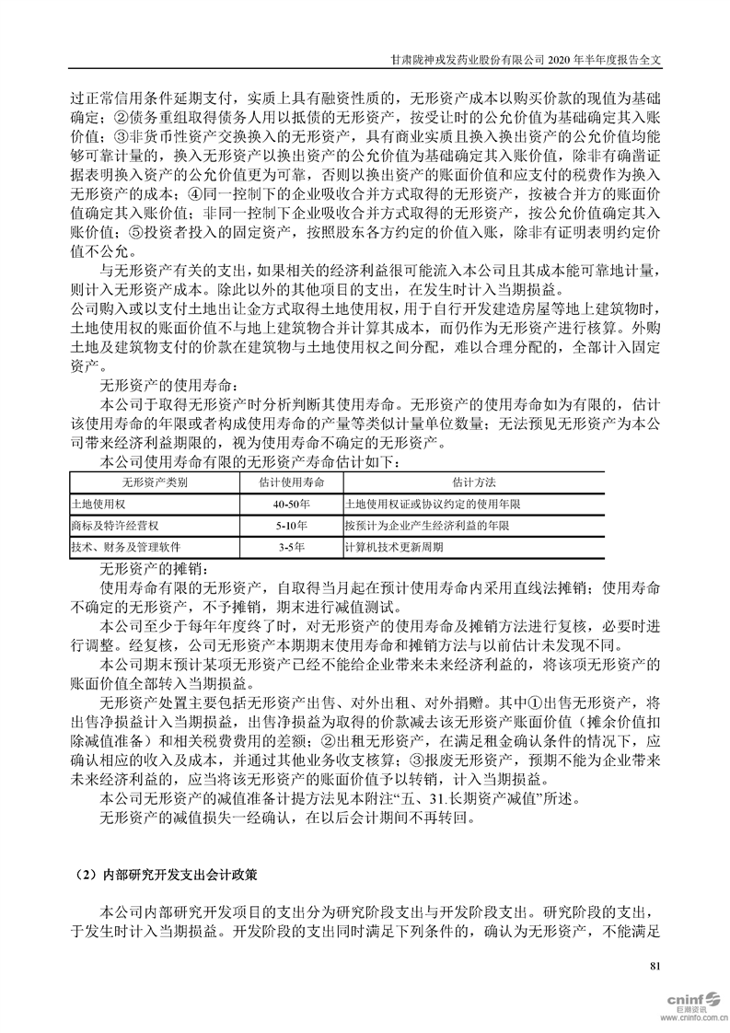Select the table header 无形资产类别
pyautogui.click(x=155, y=482)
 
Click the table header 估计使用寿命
pyautogui.click(x=291, y=482)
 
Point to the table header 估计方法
pyautogui.click(x=473, y=482)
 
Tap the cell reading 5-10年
pyautogui.click(x=291, y=526)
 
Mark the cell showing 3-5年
pyautogui.click(x=291, y=547)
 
